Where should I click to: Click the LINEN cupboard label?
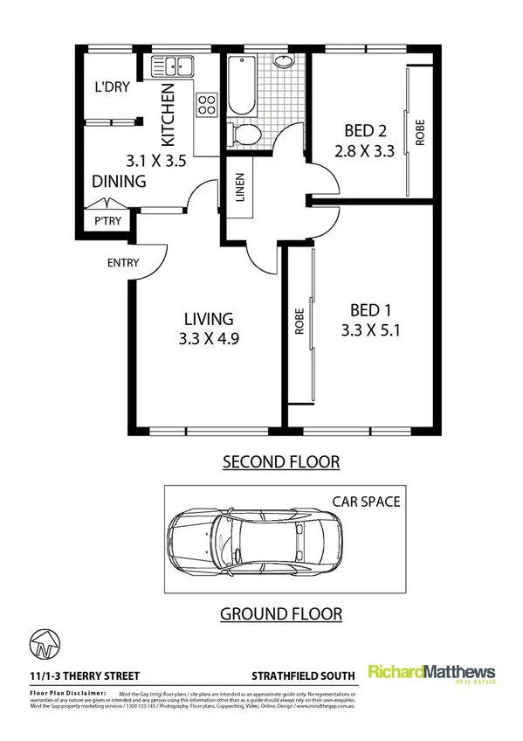click(239, 189)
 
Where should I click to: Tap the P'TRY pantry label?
click(107, 221)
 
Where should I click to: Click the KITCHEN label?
click(169, 114)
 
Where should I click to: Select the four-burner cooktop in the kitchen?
click(207, 105)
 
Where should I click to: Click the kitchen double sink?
click(172, 65)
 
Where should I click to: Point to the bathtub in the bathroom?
click(240, 86)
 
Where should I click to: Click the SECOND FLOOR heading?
click(280, 461)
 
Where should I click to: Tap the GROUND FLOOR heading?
click(280, 613)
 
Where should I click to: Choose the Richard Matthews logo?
click(431, 674)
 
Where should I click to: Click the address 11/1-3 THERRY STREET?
click(79, 675)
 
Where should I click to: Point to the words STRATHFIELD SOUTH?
click(303, 675)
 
